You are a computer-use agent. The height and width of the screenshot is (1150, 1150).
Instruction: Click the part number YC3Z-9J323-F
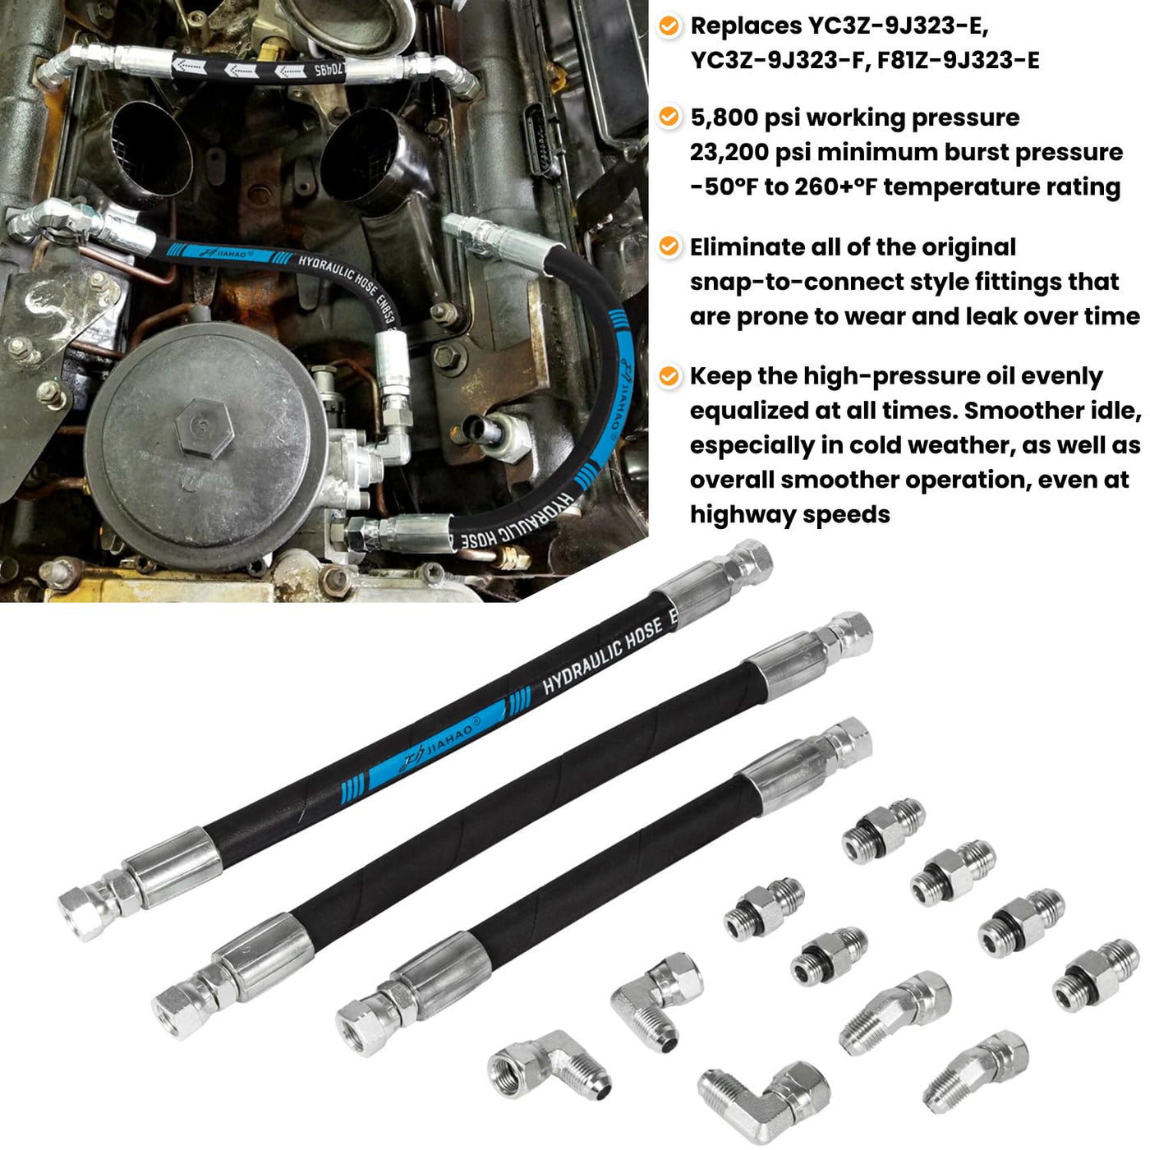click(x=776, y=61)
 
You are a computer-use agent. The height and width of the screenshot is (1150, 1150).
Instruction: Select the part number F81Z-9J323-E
click(x=959, y=61)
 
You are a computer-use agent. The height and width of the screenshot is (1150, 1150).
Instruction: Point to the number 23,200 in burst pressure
click(x=728, y=153)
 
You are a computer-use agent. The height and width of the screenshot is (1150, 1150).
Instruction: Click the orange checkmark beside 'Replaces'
click(x=669, y=26)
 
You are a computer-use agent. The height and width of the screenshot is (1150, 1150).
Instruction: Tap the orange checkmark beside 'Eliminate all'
click(x=669, y=246)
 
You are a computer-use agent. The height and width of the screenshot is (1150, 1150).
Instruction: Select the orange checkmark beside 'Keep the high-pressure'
click(x=669, y=376)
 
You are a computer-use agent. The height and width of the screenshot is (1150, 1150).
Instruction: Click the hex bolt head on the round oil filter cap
click(x=204, y=427)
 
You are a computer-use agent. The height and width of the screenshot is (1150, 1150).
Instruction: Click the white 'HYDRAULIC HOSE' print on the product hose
click(x=603, y=655)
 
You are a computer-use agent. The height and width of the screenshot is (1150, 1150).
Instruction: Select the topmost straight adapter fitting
click(x=884, y=830)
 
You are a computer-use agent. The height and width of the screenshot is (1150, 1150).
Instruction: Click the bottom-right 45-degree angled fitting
click(x=974, y=1070)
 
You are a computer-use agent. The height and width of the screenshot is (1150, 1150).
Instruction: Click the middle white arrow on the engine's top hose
click(x=242, y=71)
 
